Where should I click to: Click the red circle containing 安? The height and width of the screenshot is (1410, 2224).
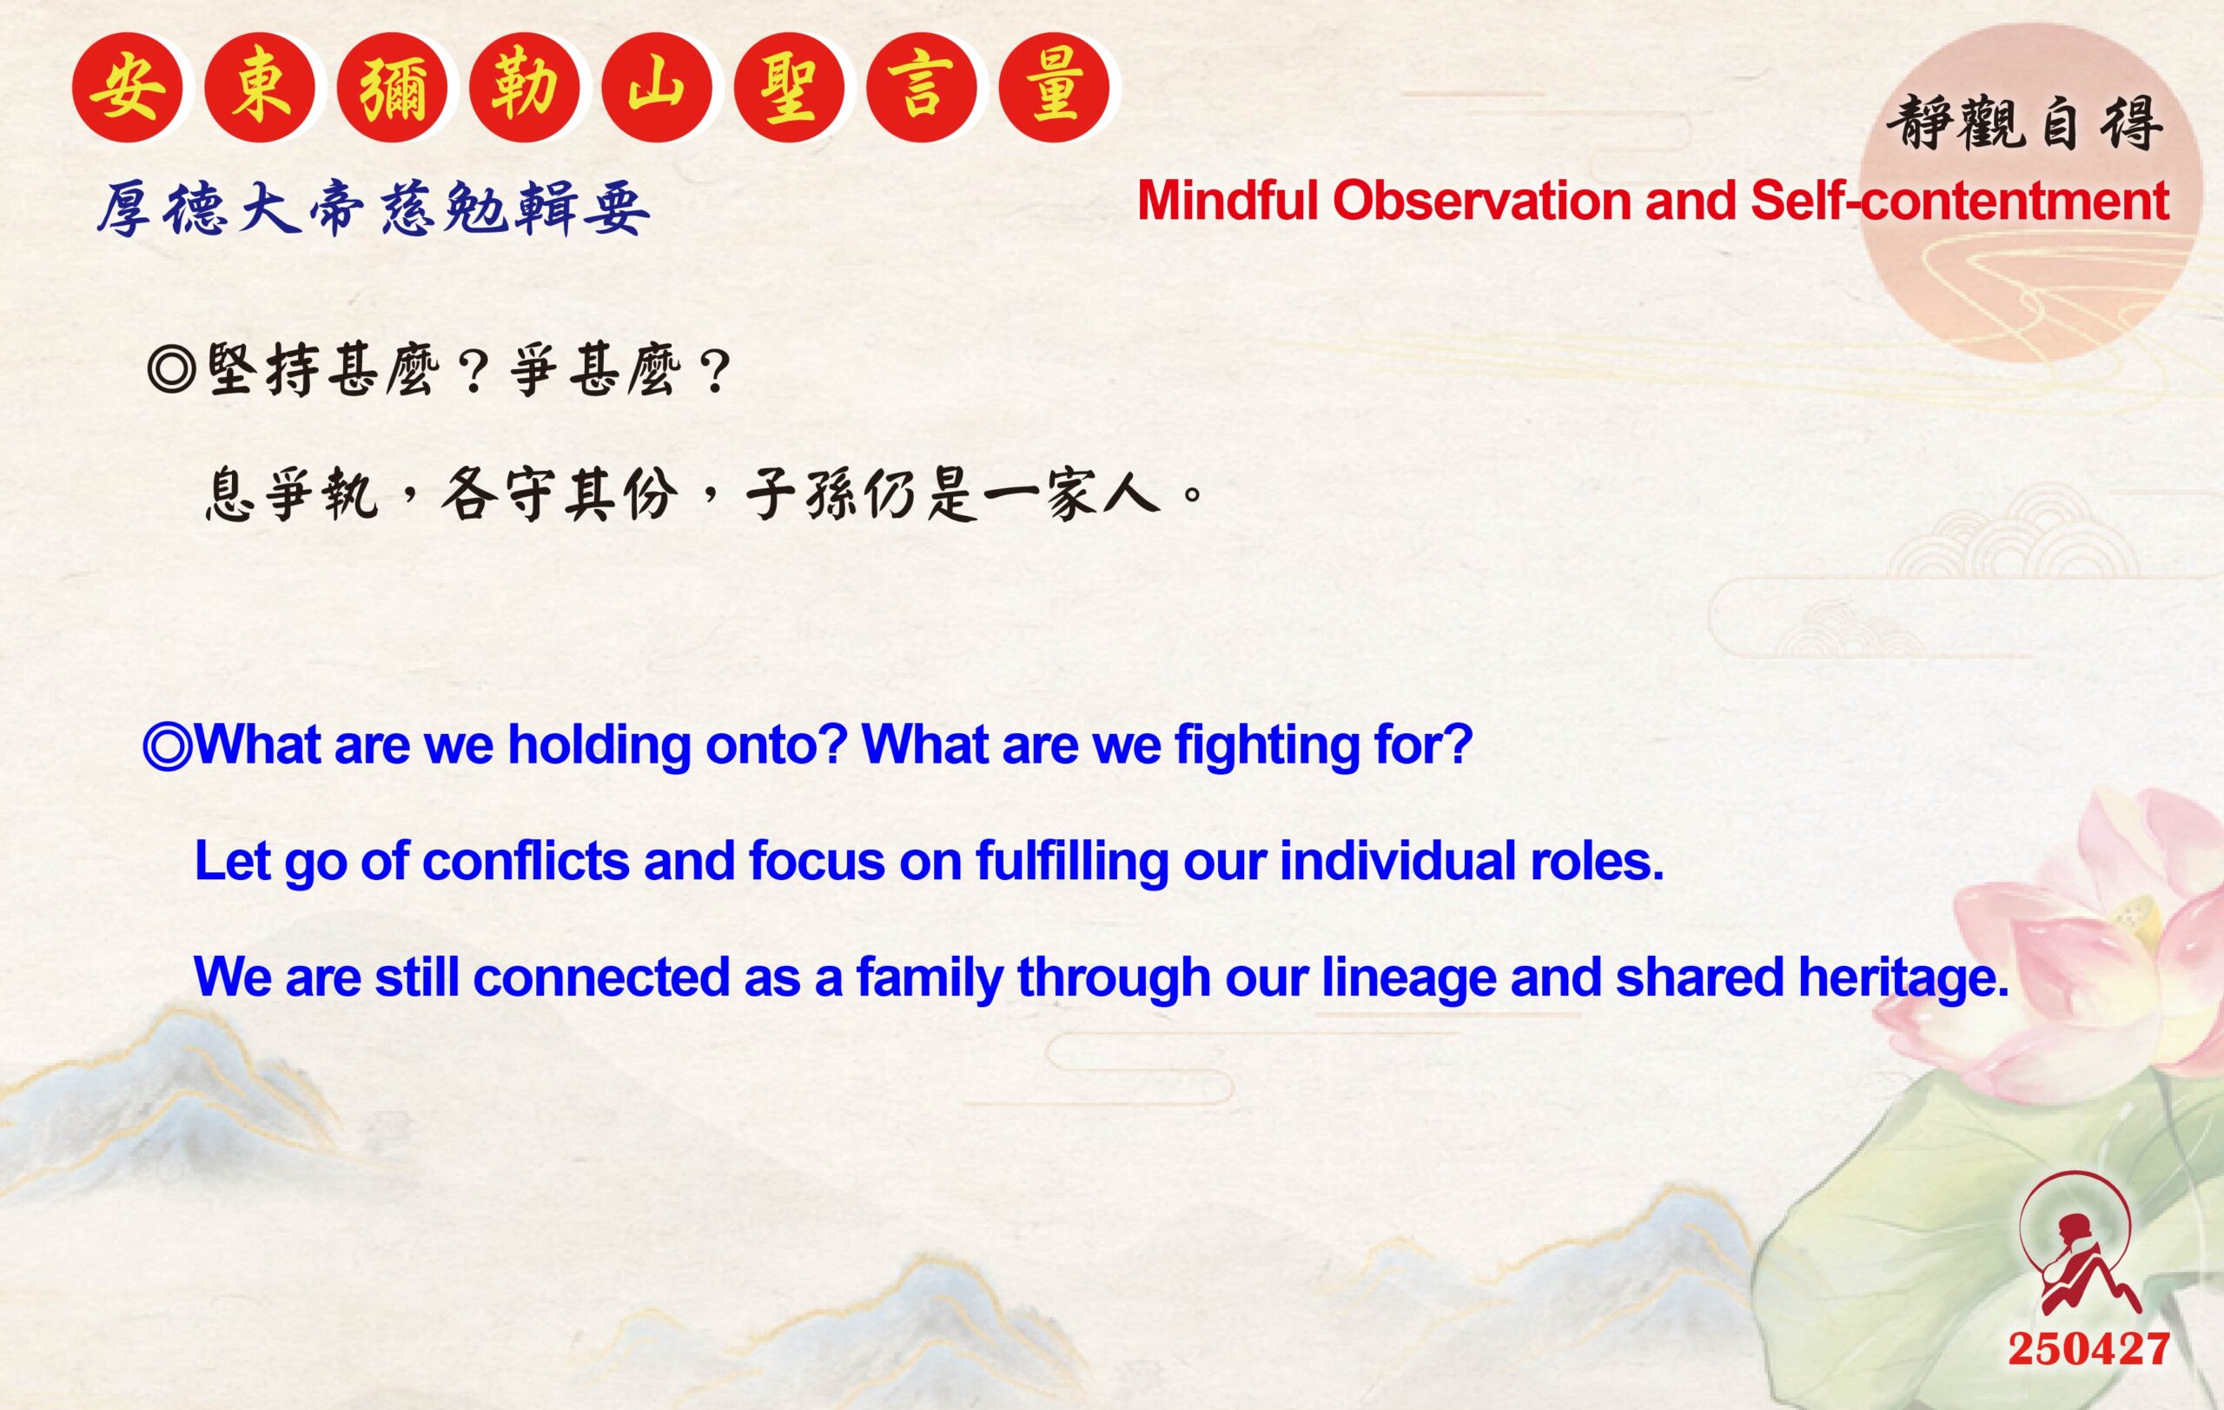tap(128, 88)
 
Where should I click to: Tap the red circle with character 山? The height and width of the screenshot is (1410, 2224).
tap(657, 88)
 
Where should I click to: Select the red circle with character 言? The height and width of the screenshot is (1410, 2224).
tap(922, 88)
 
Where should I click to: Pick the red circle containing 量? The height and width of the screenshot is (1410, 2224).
tap(1055, 88)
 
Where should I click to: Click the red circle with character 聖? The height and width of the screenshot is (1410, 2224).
tap(790, 88)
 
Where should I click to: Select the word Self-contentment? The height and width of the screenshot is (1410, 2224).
tap(1959, 201)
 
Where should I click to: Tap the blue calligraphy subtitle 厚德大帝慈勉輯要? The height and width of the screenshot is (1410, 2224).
tap(374, 209)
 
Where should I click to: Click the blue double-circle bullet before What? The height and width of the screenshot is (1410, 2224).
tap(167, 746)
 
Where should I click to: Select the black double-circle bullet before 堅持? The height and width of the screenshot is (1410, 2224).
tap(172, 370)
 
